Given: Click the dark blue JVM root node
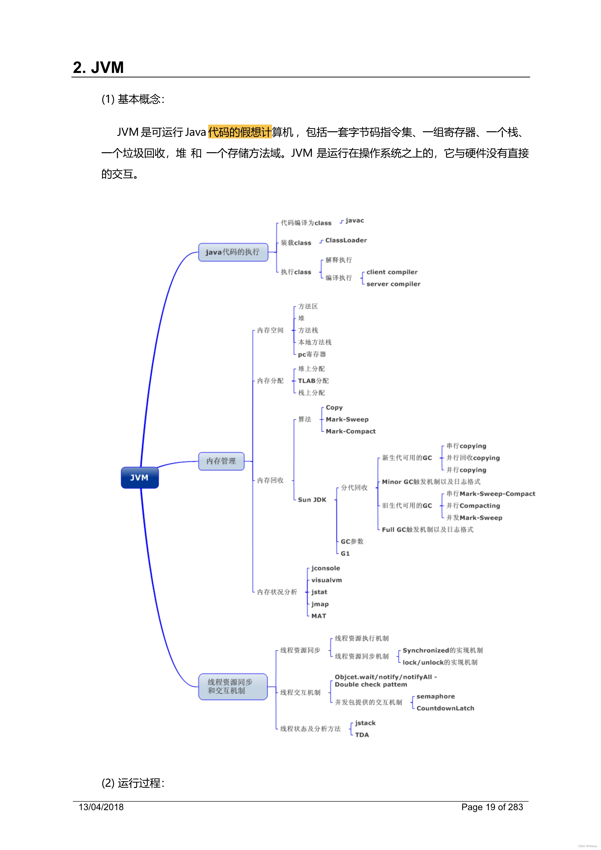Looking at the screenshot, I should [x=140, y=477].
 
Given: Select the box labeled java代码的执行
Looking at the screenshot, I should [x=233, y=252].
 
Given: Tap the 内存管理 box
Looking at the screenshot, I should [x=221, y=461].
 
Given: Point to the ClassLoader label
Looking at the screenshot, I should [x=346, y=240].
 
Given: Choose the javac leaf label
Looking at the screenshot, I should [x=355, y=221].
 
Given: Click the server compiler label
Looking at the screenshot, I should [x=393, y=284].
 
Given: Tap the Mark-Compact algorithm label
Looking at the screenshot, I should [x=350, y=431].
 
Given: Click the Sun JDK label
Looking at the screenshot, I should [x=312, y=500].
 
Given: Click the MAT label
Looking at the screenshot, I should [x=319, y=616].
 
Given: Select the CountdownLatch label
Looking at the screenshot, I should [x=445, y=708].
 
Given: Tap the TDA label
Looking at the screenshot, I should [x=362, y=735].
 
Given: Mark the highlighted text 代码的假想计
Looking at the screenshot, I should [x=240, y=132].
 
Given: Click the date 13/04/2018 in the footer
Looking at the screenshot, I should [x=101, y=807].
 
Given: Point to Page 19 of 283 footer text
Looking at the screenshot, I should [x=492, y=807].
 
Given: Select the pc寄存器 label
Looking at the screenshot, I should [x=312, y=354].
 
